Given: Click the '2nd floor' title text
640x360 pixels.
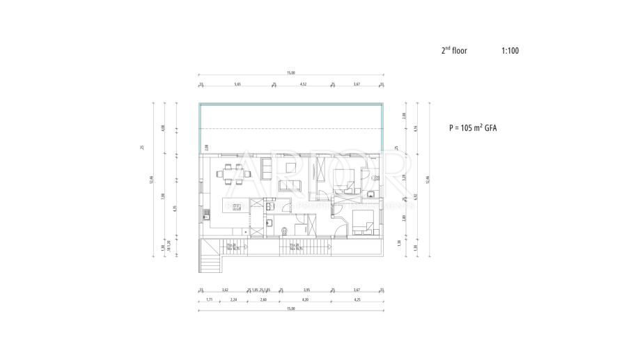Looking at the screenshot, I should [x=454, y=51].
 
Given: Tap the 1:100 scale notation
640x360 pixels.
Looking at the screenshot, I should [x=510, y=51].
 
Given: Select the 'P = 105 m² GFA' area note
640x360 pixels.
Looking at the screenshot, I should [x=476, y=129].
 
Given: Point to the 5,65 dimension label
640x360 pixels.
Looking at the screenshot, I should [x=237, y=84].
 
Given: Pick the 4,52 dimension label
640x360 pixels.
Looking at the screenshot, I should [x=303, y=84].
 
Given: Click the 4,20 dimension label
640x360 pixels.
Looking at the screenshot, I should [x=304, y=299].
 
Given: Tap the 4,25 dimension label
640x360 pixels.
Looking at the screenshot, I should [x=357, y=299].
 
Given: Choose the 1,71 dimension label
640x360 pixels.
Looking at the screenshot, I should [x=210, y=299].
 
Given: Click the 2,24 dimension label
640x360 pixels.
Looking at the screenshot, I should [x=234, y=299].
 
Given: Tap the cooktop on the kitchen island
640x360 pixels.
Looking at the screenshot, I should [x=237, y=206].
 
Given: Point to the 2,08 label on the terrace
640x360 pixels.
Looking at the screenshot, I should [x=207, y=147].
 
